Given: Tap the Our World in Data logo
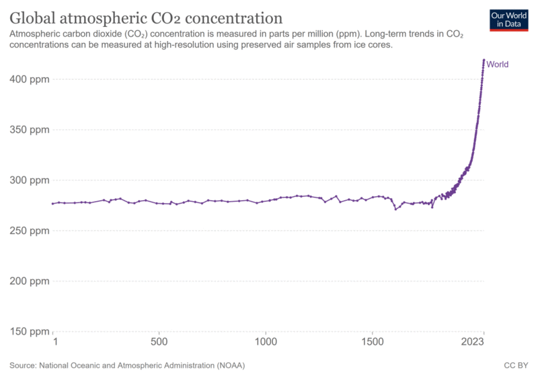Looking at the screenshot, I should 508,19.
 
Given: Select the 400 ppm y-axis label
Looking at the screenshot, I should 32,79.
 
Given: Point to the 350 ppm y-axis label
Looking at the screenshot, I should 32,130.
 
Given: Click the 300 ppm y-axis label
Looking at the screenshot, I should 32,180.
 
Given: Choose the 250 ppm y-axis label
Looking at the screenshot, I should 32,230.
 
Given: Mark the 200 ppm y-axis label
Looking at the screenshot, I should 32,281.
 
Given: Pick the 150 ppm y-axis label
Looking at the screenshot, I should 32,331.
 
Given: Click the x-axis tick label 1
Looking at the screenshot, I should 54,342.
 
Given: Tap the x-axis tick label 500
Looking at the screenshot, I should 159,342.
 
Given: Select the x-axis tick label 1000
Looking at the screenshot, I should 266,342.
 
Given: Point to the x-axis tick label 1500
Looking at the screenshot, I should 372,342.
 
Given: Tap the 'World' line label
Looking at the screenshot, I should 497,65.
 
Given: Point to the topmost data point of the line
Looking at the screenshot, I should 484,60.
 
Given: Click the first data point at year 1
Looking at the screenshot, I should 53,204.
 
